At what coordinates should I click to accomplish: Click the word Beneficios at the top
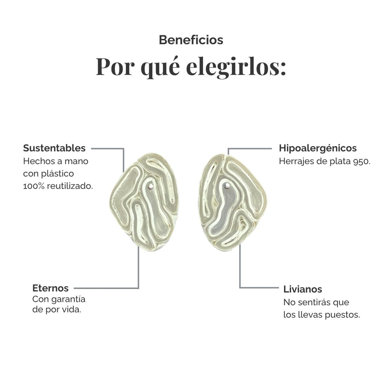click(x=191, y=40)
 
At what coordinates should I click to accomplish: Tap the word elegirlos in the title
click(x=236, y=67)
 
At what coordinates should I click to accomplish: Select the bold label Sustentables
click(x=54, y=148)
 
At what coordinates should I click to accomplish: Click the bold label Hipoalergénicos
click(x=318, y=148)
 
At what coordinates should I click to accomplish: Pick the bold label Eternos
click(x=51, y=288)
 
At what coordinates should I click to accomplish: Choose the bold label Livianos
click(x=302, y=289)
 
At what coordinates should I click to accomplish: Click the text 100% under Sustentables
click(x=34, y=186)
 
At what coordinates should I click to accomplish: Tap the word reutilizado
click(x=70, y=186)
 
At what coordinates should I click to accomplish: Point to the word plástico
click(x=57, y=174)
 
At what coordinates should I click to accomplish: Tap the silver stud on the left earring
click(x=151, y=187)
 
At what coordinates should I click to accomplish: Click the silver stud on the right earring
click(x=227, y=186)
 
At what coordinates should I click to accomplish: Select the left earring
click(x=144, y=202)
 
